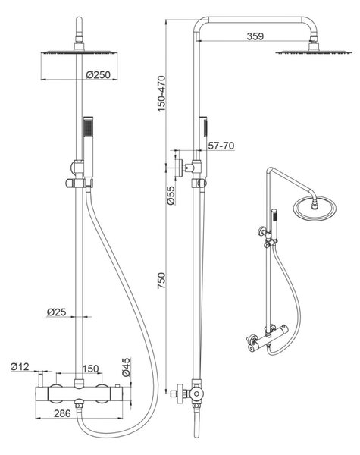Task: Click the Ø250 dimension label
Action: click(99, 75)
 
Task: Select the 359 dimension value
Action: click(255, 36)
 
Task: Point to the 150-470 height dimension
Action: click(161, 93)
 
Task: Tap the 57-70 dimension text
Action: click(221, 146)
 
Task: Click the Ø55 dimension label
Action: click(171, 196)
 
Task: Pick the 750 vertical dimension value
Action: click(161, 281)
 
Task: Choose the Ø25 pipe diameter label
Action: click(57, 312)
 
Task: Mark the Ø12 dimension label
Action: click(20, 367)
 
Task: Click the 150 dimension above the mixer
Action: click(91, 369)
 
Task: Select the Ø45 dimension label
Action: click(126, 367)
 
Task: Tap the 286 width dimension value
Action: click(62, 413)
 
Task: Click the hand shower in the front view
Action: click(88, 147)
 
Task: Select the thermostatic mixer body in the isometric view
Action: click(268, 338)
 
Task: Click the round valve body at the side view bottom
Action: click(197, 394)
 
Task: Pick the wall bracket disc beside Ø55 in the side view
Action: click(180, 168)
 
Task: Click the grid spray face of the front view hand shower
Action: click(88, 127)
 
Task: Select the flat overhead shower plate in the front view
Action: click(79, 52)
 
